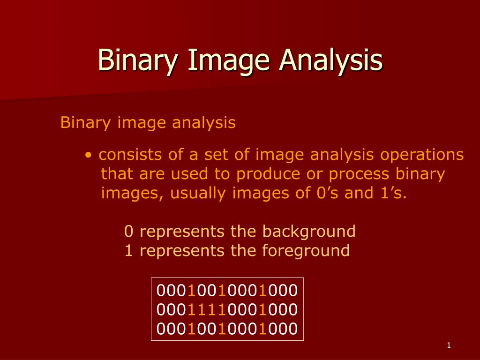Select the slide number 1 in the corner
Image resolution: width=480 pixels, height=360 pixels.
click(x=449, y=346)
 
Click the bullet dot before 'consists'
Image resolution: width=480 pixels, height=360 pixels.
click(x=88, y=155)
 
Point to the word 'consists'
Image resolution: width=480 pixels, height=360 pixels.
click(x=124, y=155)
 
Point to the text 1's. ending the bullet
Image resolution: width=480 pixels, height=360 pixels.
click(x=391, y=193)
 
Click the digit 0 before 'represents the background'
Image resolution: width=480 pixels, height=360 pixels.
click(x=128, y=231)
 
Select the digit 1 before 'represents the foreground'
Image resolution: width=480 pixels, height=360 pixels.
click(x=128, y=250)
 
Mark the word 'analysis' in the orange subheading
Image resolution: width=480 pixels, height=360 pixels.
click(x=204, y=123)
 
